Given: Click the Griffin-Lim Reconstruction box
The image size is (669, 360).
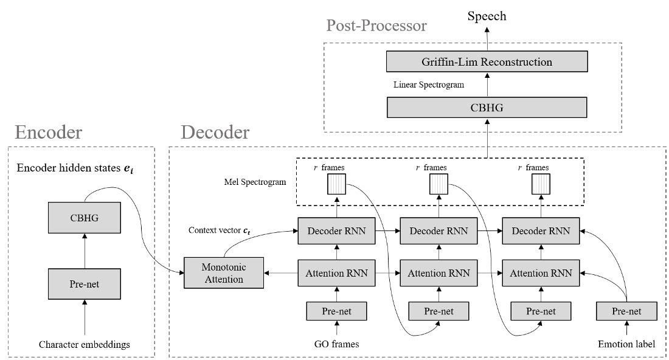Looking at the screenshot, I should tap(487, 62).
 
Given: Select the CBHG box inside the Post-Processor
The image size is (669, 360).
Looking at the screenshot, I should tap(487, 108).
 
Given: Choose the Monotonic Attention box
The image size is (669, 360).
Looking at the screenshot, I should tap(224, 274).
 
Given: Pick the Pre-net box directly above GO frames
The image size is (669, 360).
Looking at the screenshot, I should tap(337, 311).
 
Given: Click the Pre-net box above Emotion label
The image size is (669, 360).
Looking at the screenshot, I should tap(627, 311).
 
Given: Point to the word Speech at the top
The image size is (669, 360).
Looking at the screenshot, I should tap(487, 16).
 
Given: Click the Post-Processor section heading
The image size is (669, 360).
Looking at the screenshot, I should tap(376, 26).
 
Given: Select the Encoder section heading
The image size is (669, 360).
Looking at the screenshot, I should tap(49, 132).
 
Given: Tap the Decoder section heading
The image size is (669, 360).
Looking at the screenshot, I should tap(215, 132).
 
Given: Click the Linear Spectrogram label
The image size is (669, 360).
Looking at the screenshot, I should tap(429, 85).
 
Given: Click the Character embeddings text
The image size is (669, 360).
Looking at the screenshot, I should tap(85, 345).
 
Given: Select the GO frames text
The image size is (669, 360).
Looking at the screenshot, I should tap(337, 344).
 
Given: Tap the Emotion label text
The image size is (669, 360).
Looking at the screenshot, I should tap(627, 344).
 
